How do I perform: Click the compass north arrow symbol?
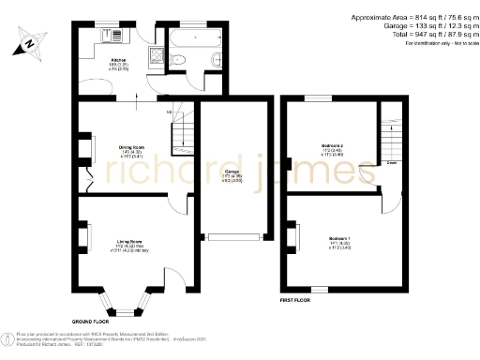(x=30, y=41)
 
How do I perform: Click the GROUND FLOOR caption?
(x=90, y=320)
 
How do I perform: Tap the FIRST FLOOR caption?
(x=297, y=300)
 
